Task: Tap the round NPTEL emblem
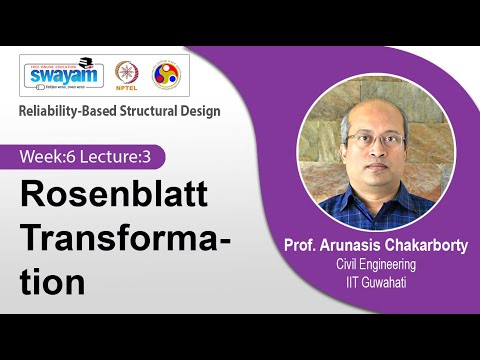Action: [x=127, y=75]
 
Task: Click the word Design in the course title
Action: [x=200, y=111]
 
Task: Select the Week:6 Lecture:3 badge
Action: [x=91, y=156]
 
